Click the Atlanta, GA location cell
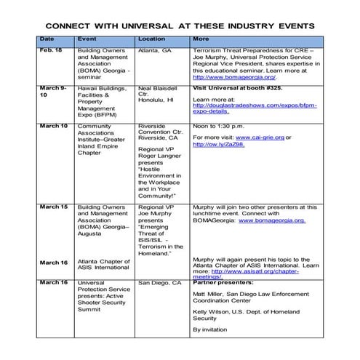pos(154,50)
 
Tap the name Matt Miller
pos(209,295)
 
